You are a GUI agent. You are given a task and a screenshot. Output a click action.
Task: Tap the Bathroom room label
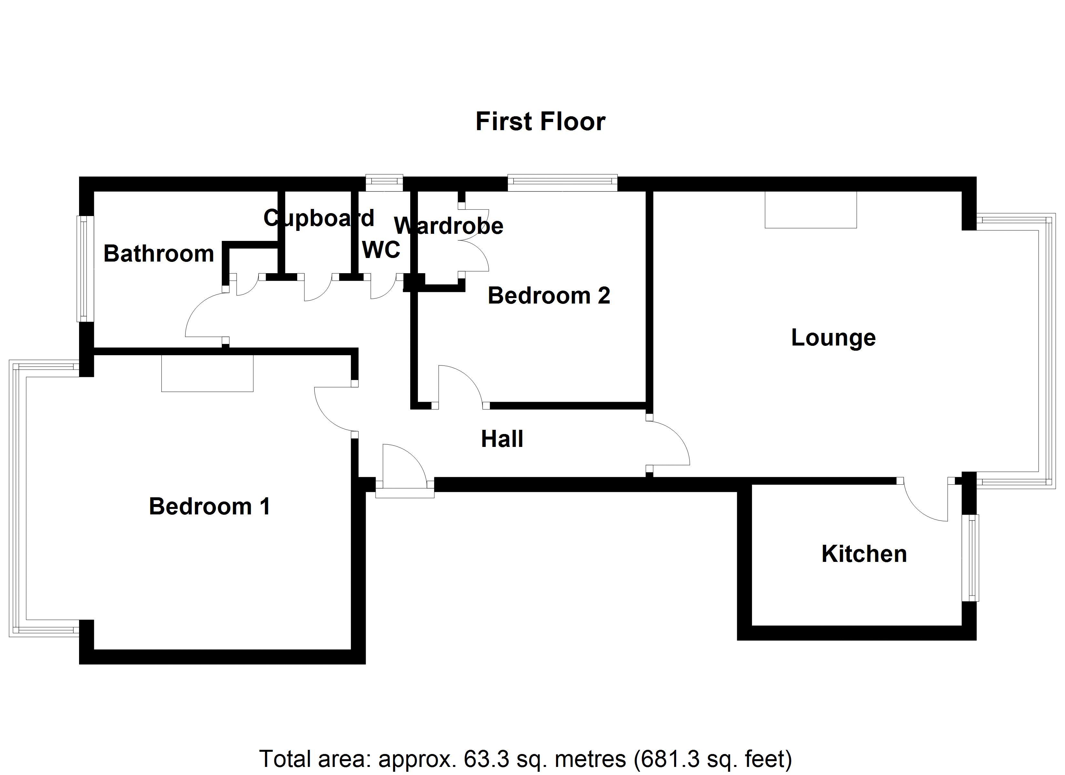click(x=159, y=254)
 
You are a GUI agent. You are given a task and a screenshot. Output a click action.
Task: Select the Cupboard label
click(x=319, y=218)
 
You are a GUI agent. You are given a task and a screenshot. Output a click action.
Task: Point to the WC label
click(x=381, y=250)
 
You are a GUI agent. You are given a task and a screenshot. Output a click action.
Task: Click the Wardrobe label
click(x=449, y=226)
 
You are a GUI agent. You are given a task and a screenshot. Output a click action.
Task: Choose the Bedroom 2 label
click(x=549, y=295)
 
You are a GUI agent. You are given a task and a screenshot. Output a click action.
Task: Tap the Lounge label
click(x=834, y=338)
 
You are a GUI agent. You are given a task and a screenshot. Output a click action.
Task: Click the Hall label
click(x=502, y=439)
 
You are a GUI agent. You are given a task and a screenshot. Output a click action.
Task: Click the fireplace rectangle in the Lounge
click(x=811, y=210)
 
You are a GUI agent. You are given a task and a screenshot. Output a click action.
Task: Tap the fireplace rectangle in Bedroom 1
click(x=208, y=373)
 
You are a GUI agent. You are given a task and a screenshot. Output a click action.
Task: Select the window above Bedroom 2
click(x=563, y=183)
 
